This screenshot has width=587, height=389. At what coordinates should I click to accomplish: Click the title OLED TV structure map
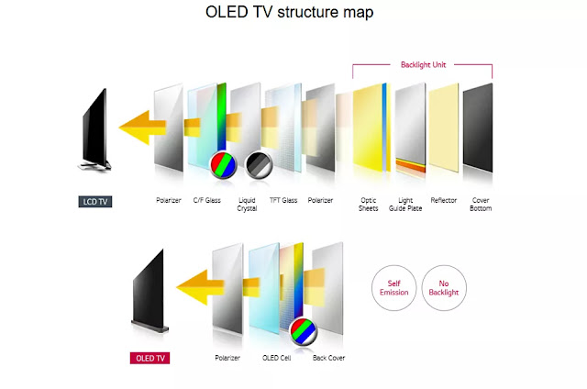click(289, 14)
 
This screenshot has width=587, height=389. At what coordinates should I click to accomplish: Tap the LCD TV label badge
click(95, 201)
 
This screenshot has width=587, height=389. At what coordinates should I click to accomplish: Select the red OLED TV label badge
click(149, 357)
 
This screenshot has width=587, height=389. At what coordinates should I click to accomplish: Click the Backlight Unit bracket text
click(423, 65)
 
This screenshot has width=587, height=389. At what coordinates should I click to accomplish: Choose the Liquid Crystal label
click(246, 203)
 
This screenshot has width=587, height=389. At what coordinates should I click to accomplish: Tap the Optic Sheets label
click(369, 203)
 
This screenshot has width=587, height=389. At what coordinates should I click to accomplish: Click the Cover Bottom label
click(481, 203)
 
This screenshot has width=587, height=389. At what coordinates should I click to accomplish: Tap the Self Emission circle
click(393, 286)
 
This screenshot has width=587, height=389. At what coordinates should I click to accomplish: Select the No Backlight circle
click(445, 286)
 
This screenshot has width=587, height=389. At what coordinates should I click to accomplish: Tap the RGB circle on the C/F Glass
click(220, 164)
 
